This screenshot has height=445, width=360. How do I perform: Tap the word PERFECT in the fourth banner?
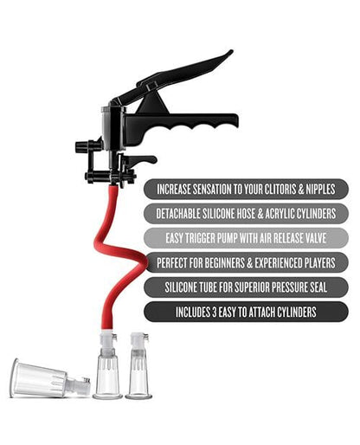[x=176, y=261]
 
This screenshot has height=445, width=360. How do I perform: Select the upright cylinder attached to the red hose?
[x=107, y=374]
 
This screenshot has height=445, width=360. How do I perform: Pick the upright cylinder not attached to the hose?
[x=138, y=374]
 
